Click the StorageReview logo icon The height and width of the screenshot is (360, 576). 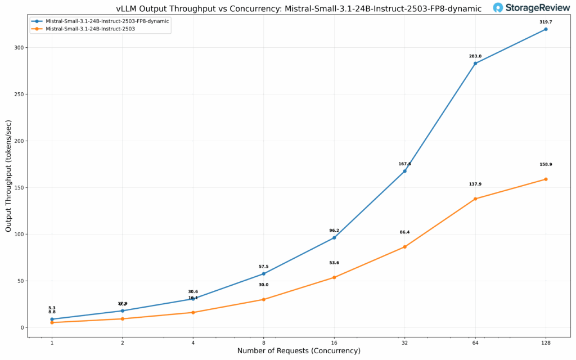click(x=498, y=8)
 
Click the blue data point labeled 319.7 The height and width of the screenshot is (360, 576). click(x=546, y=29)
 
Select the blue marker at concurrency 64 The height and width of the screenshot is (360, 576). click(x=475, y=63)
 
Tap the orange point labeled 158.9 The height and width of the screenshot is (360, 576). click(x=546, y=179)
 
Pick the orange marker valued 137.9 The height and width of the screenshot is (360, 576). click(x=475, y=199)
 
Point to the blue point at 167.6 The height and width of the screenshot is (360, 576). click(x=404, y=171)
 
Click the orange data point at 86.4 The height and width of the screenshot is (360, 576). click(x=404, y=247)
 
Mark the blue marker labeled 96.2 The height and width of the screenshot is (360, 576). click(x=334, y=237)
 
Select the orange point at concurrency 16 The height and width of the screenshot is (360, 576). click(x=334, y=277)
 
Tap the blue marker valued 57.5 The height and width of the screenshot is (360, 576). click(x=263, y=274)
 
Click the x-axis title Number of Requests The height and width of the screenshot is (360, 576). click(x=299, y=351)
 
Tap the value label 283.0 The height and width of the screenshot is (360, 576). click(x=475, y=56)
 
